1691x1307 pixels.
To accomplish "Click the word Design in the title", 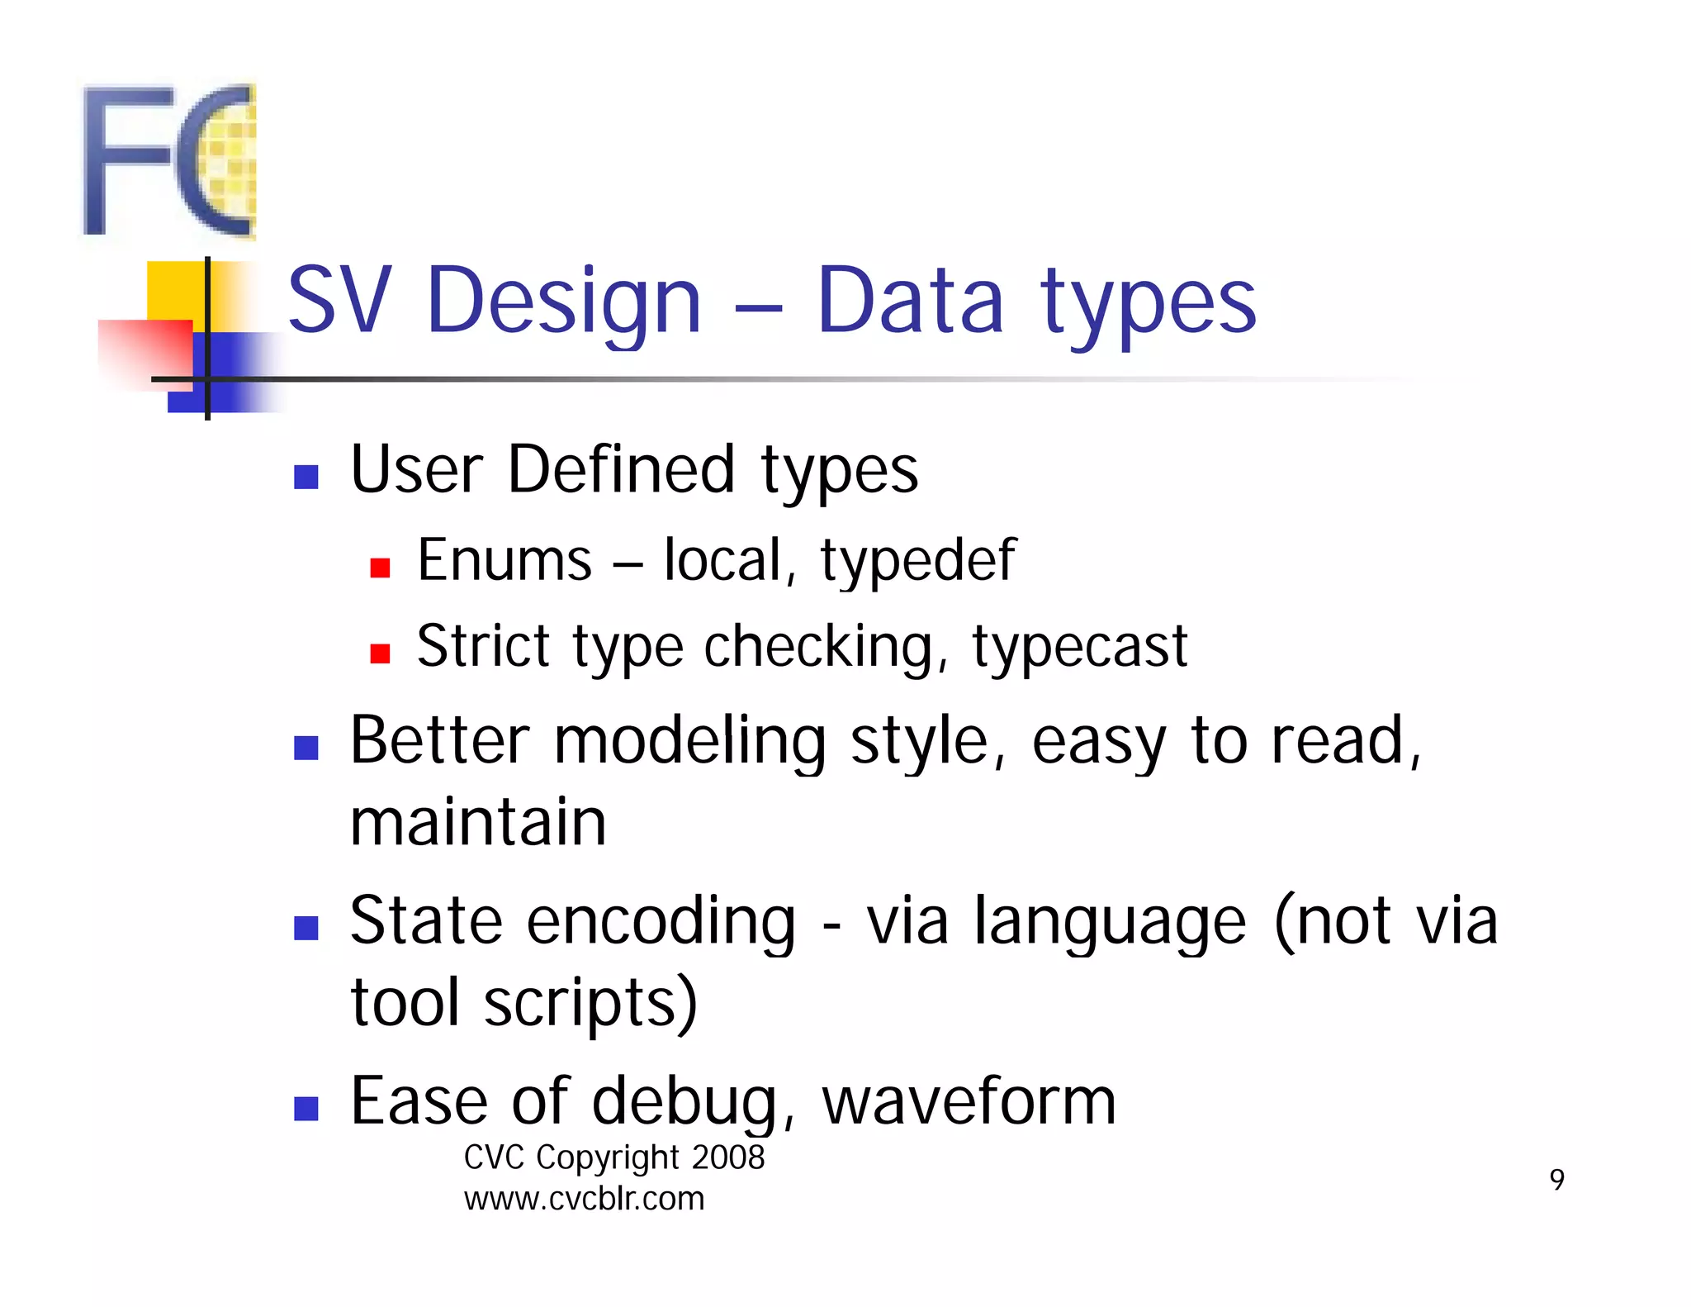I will (564, 302).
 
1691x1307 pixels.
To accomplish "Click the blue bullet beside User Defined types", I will (306, 477).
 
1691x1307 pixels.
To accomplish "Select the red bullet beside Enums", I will (380, 568).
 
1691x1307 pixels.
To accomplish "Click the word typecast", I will (1079, 647).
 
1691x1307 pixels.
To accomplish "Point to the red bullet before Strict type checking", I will (380, 654).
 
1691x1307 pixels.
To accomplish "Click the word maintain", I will (478, 823).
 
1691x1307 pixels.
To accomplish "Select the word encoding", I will (661, 922).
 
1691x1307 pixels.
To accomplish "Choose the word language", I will (1110, 924).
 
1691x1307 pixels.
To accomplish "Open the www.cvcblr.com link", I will (584, 1199).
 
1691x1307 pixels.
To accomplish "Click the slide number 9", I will (1556, 1180).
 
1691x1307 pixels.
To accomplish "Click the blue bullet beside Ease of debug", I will (306, 1109).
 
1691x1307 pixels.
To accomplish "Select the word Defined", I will (620, 470).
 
